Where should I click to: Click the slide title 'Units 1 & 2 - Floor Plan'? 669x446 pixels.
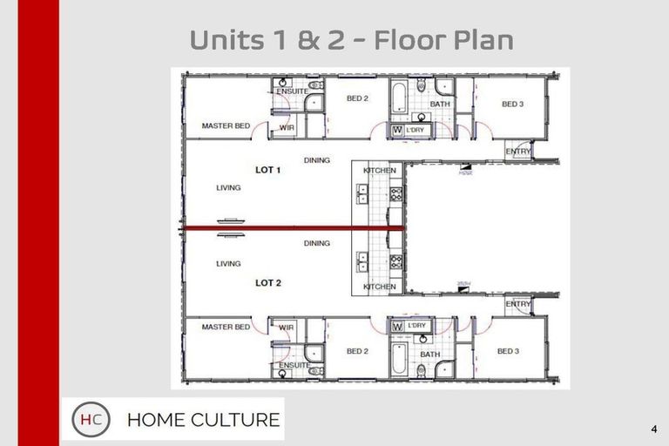(x=351, y=40)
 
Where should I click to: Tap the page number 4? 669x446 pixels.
(x=653, y=429)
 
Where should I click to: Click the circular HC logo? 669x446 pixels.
(x=91, y=420)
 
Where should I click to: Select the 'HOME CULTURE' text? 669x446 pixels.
(x=203, y=420)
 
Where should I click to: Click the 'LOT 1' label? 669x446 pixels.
(x=267, y=170)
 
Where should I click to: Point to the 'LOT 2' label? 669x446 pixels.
(x=267, y=283)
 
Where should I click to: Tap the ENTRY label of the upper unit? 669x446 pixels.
(x=518, y=152)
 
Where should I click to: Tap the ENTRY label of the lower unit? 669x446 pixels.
(x=518, y=304)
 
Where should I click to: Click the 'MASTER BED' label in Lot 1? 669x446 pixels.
(x=226, y=126)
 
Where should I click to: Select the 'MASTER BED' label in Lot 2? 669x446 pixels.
(x=226, y=328)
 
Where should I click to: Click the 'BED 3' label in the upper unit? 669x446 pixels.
(x=512, y=105)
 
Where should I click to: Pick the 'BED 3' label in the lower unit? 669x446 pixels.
(x=508, y=352)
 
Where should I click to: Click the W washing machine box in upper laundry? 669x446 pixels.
(x=397, y=131)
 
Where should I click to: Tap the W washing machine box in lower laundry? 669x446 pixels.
(x=397, y=327)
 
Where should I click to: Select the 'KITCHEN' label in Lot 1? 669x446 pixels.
(x=380, y=171)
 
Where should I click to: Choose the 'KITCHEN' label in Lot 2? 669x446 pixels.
(x=380, y=287)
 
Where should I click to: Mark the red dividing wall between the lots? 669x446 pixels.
(x=292, y=229)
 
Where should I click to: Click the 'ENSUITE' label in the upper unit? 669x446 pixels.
(x=292, y=91)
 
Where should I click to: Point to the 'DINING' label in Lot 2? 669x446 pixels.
(x=317, y=243)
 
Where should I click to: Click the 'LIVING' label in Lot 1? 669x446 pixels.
(x=228, y=187)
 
